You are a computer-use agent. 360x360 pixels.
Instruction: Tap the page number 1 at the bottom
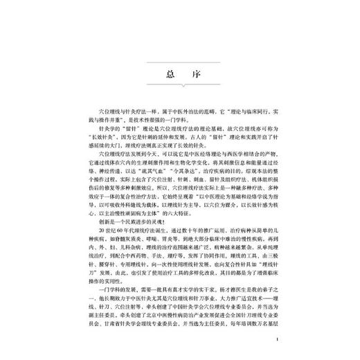pyautogui.click(x=276, y=341)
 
